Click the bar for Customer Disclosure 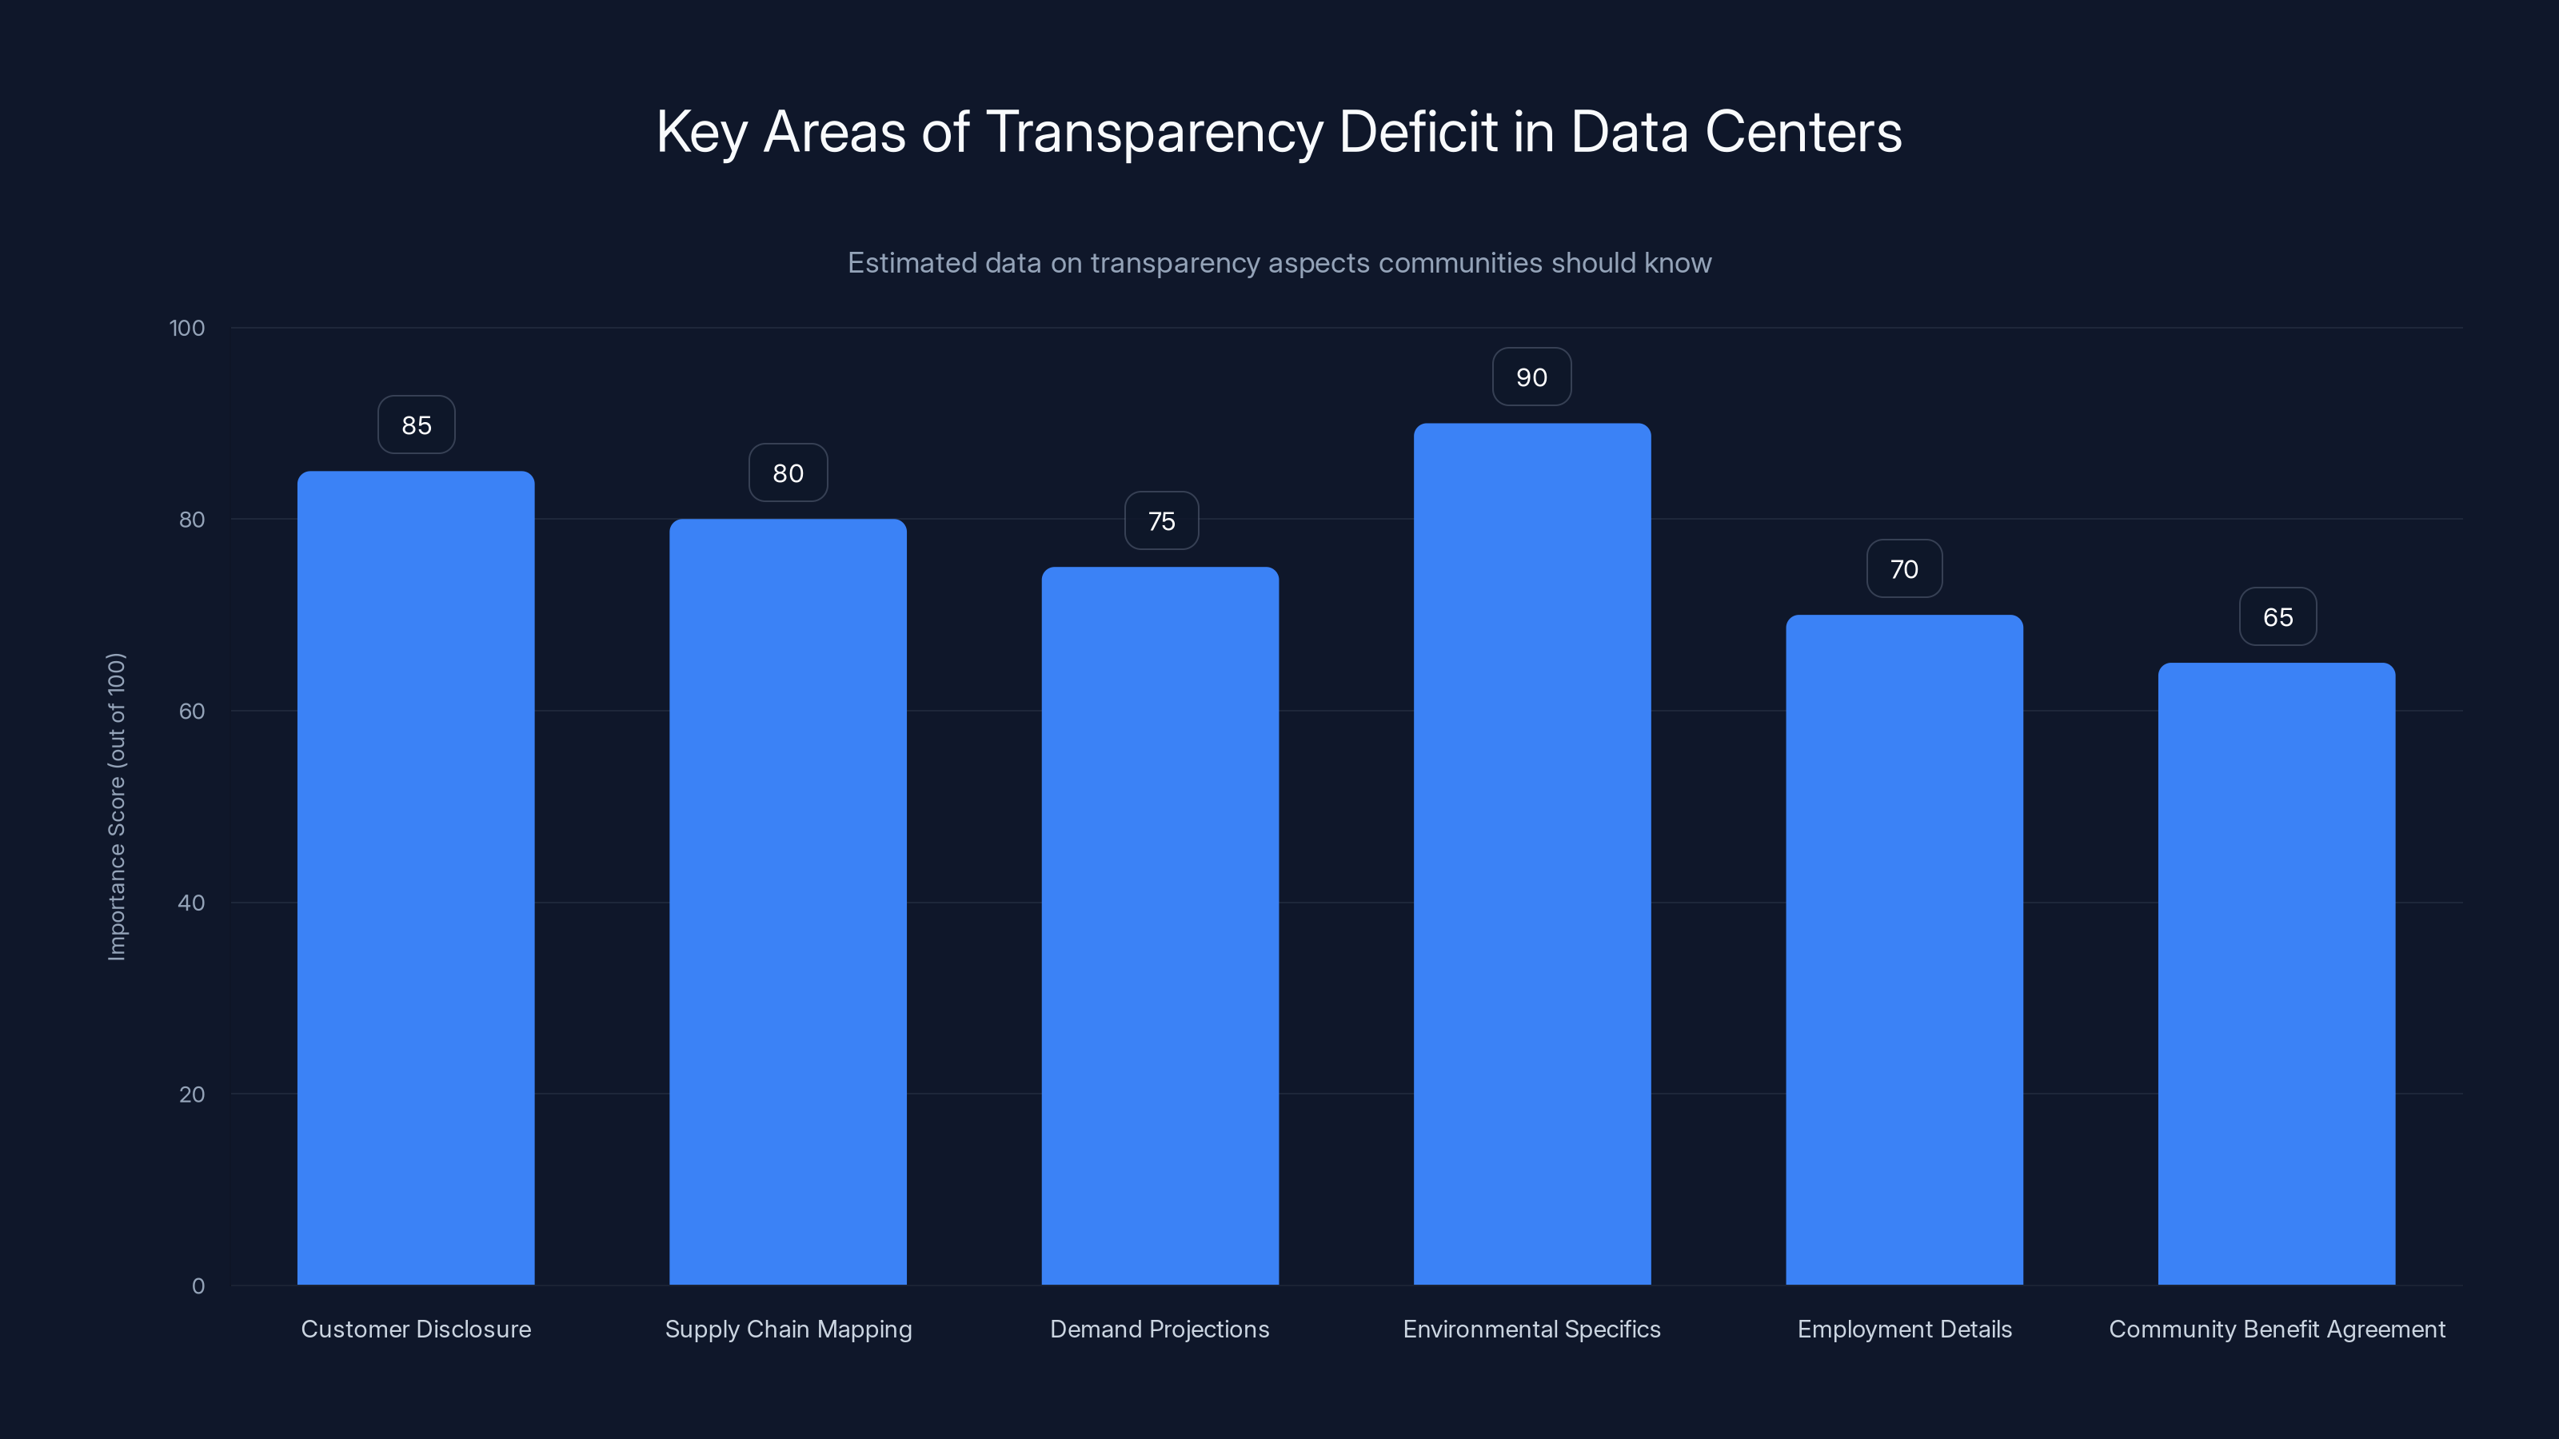tap(415, 878)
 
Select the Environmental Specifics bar tap(1532, 854)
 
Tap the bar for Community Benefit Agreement tap(2276, 973)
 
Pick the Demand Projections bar tap(1160, 926)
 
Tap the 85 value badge tap(416, 425)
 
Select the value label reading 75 tap(1160, 521)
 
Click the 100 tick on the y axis tap(187, 328)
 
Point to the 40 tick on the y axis tap(191, 903)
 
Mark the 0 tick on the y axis tap(198, 1286)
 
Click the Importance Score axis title tap(118, 807)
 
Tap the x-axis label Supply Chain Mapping tap(788, 1329)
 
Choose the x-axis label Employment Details tap(1903, 1329)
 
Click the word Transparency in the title tap(1154, 132)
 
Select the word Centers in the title tap(1803, 132)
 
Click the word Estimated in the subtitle tap(911, 263)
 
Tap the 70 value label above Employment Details tap(1903, 569)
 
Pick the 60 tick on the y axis tap(191, 711)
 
